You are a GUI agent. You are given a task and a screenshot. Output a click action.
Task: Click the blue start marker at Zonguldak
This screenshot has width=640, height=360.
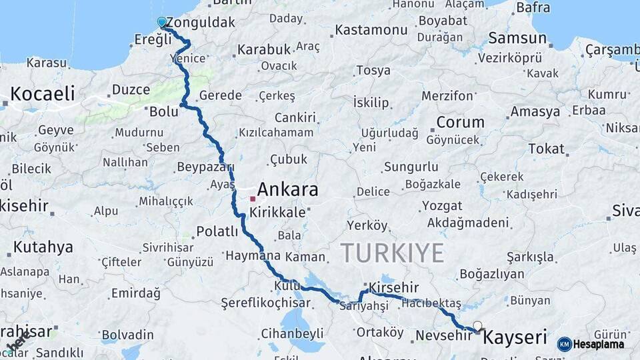pyautogui.click(x=161, y=22)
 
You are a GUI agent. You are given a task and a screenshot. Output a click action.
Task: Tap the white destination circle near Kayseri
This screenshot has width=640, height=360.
pyautogui.click(x=477, y=325)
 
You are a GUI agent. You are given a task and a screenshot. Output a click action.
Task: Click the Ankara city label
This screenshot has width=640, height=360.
pyautogui.click(x=287, y=190)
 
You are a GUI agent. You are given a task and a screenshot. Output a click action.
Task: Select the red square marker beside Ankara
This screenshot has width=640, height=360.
pyautogui.click(x=253, y=199)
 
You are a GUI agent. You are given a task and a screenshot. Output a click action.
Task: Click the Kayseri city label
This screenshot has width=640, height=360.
pyautogui.click(x=514, y=337)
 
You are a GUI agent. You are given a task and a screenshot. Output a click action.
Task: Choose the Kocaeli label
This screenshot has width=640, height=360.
pyautogui.click(x=43, y=93)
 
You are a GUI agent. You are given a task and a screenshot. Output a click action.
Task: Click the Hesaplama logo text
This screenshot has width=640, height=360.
pyautogui.click(x=598, y=344)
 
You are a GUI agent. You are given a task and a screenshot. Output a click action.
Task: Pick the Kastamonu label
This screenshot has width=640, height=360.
pyautogui.click(x=371, y=30)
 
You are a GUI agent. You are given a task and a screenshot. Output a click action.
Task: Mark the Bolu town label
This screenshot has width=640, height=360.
pyautogui.click(x=164, y=111)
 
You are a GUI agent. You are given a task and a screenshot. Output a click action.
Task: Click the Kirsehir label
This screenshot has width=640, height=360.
pyautogui.click(x=393, y=287)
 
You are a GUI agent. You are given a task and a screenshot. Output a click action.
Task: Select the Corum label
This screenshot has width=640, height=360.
pyautogui.click(x=460, y=123)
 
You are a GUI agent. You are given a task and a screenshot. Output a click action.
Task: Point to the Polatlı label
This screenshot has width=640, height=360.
pyautogui.click(x=217, y=232)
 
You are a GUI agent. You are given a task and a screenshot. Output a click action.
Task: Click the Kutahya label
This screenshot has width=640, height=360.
pyautogui.click(x=43, y=248)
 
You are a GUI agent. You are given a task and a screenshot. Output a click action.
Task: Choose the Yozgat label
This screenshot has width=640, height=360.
pyautogui.click(x=442, y=205)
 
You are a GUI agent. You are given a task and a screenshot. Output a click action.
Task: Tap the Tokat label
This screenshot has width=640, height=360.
pyautogui.click(x=546, y=149)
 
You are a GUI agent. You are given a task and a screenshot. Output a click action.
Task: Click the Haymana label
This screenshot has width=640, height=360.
pyautogui.click(x=253, y=255)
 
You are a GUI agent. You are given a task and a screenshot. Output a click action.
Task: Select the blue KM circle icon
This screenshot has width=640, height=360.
pyautogui.click(x=564, y=344)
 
